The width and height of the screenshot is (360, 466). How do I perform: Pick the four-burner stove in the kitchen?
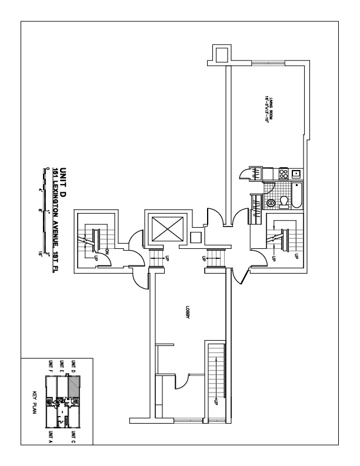[282, 174]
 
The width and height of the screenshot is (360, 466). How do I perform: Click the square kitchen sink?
[296, 174]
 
